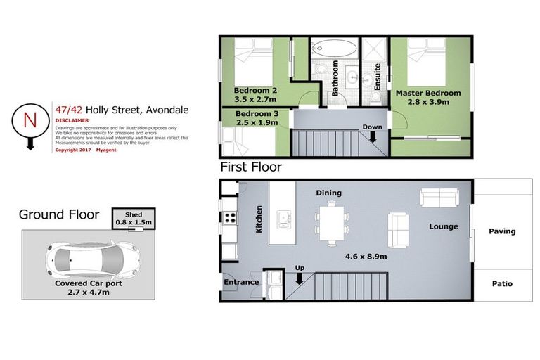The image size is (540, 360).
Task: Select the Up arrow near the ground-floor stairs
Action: coord(300,277)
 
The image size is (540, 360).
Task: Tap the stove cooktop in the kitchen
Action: coord(229,218)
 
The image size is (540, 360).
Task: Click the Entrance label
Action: coord(241,282)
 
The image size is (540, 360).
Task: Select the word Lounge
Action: coord(444,226)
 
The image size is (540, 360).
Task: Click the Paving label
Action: coord(502,231)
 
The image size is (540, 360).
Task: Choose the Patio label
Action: coord(502,284)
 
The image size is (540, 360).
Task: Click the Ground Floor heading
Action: coord(59,214)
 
